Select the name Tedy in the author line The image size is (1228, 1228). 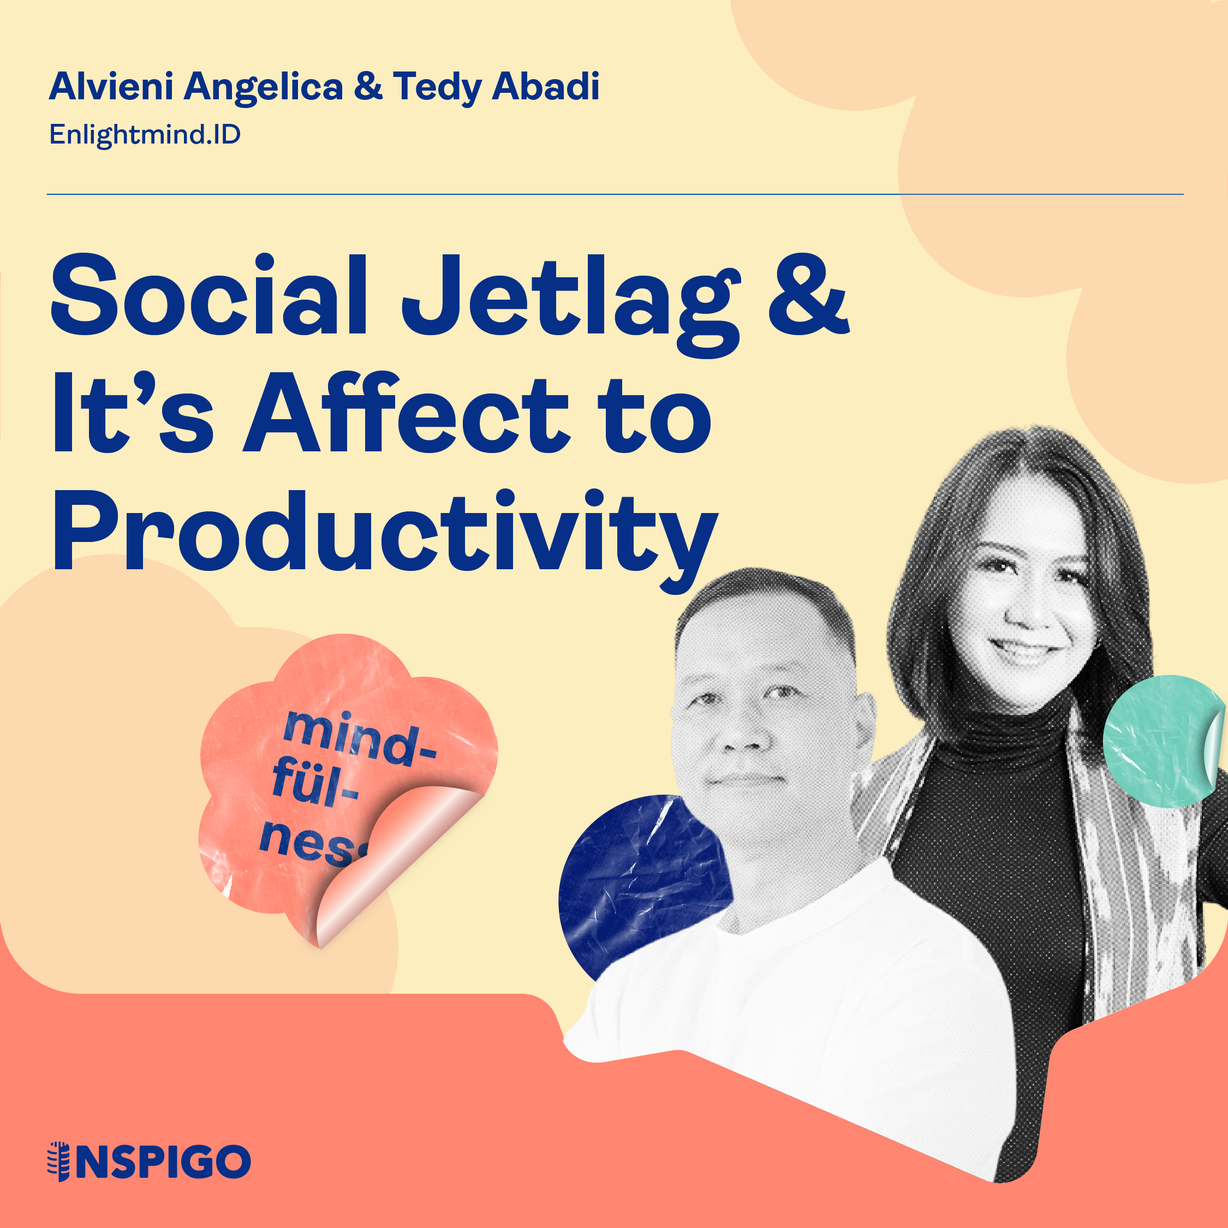point(437,87)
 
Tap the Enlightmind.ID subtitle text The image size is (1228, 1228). point(145,135)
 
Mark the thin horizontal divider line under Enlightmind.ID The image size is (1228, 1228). point(615,194)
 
